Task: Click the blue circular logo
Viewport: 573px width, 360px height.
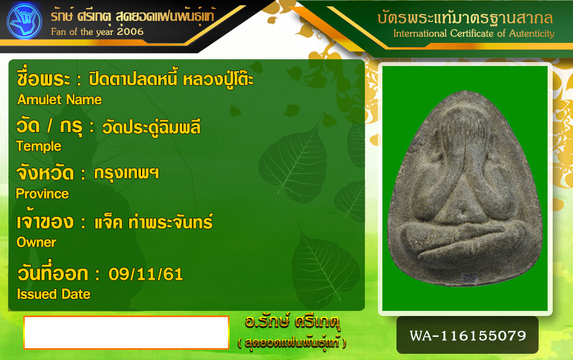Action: (24, 21)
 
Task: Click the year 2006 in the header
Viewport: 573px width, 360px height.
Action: (130, 32)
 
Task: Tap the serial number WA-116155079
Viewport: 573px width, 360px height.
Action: (468, 336)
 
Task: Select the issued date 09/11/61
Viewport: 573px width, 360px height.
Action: (146, 274)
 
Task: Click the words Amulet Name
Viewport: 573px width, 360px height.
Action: (60, 100)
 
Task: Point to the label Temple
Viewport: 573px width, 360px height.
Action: (38, 146)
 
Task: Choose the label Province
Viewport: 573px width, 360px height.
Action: (42, 194)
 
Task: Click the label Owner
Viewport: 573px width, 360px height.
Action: (36, 242)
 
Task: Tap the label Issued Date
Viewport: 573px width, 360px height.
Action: (54, 294)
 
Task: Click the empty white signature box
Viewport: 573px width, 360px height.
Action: (126, 332)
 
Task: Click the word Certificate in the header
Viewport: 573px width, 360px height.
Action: (472, 33)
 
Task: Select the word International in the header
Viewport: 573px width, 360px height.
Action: (420, 33)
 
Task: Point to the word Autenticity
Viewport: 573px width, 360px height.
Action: (532, 33)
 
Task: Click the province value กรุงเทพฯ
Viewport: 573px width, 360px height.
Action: (126, 173)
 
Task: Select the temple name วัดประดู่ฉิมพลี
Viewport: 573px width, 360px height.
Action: (151, 127)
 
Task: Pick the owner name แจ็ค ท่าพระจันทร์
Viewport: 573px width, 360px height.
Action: (153, 222)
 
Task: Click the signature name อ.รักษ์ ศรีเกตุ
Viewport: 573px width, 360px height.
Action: (292, 322)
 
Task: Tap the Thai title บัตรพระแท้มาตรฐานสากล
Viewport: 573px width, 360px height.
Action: (465, 17)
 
